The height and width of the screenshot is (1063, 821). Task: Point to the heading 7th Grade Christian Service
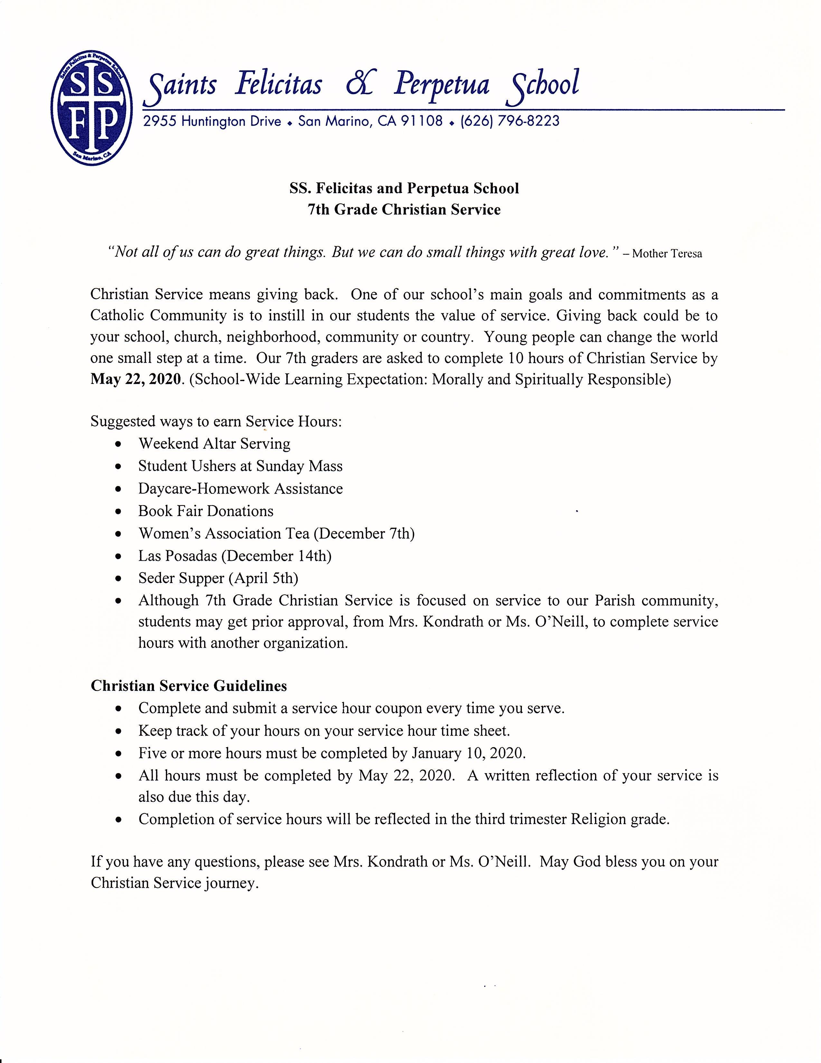[404, 210]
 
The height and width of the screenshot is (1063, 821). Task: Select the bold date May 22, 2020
[135, 379]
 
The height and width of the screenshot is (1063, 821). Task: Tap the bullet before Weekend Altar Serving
[118, 445]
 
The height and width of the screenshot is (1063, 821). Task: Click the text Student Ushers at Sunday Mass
[240, 466]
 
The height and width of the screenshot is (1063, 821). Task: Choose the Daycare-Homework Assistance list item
[240, 489]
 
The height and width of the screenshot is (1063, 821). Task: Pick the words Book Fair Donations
[206, 511]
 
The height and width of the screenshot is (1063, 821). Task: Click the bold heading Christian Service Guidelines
[189, 686]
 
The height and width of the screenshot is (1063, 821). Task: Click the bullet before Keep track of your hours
[118, 732]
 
